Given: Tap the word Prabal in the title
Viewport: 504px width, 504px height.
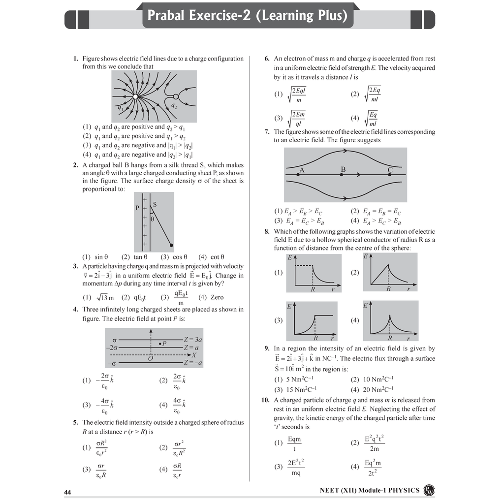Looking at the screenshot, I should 169,16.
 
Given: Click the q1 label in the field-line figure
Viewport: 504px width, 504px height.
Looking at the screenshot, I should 120,107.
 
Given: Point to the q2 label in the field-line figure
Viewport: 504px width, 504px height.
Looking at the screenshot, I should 174,106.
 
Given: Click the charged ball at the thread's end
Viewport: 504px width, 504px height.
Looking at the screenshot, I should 171,245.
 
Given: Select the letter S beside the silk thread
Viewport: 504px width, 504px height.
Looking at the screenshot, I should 155,204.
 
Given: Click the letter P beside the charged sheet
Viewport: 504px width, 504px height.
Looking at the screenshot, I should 137,208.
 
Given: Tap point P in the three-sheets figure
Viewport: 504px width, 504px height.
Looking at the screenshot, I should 160,344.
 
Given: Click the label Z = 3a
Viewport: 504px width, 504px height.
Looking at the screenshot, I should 193,339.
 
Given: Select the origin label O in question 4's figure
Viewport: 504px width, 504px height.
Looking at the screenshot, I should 151,359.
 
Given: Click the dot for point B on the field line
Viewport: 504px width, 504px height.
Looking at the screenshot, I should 342,175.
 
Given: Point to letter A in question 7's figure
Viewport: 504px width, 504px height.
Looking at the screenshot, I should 302,170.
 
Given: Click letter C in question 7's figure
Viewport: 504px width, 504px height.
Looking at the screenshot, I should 390,170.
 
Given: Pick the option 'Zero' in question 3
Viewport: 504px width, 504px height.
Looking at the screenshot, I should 217,297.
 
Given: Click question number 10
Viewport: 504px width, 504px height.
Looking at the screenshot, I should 265,400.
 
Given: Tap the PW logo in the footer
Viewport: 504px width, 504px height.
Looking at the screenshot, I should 429,490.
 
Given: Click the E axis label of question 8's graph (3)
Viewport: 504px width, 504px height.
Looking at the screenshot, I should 289,306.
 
